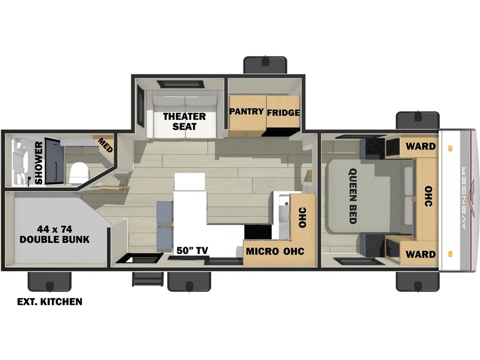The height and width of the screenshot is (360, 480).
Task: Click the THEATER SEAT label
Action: [184, 121]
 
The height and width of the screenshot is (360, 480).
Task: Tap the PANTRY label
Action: [247, 111]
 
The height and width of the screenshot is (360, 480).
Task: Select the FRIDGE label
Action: [283, 113]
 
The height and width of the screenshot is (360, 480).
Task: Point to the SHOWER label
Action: [39, 163]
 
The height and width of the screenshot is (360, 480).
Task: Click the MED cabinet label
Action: [106, 145]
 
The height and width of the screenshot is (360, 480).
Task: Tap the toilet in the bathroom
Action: [79, 173]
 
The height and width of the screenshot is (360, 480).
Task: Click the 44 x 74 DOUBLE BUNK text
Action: [55, 234]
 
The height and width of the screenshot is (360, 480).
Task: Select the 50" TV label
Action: [192, 251]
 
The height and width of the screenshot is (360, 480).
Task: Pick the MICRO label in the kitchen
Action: [263, 252]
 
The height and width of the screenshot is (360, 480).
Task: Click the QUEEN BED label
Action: [353, 196]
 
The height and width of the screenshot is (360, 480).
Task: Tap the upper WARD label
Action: [420, 146]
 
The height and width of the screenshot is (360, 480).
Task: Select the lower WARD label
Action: [420, 254]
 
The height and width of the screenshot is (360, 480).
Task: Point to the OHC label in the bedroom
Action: [428, 196]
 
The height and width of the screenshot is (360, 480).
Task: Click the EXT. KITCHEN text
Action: [49, 302]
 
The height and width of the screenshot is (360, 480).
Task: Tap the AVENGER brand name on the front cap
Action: [464, 198]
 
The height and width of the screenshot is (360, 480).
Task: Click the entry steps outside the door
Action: [147, 278]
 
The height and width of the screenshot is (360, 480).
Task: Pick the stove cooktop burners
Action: [258, 232]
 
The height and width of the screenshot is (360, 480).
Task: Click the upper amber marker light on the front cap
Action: [450, 148]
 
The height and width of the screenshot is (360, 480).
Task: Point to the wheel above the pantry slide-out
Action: [265, 65]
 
